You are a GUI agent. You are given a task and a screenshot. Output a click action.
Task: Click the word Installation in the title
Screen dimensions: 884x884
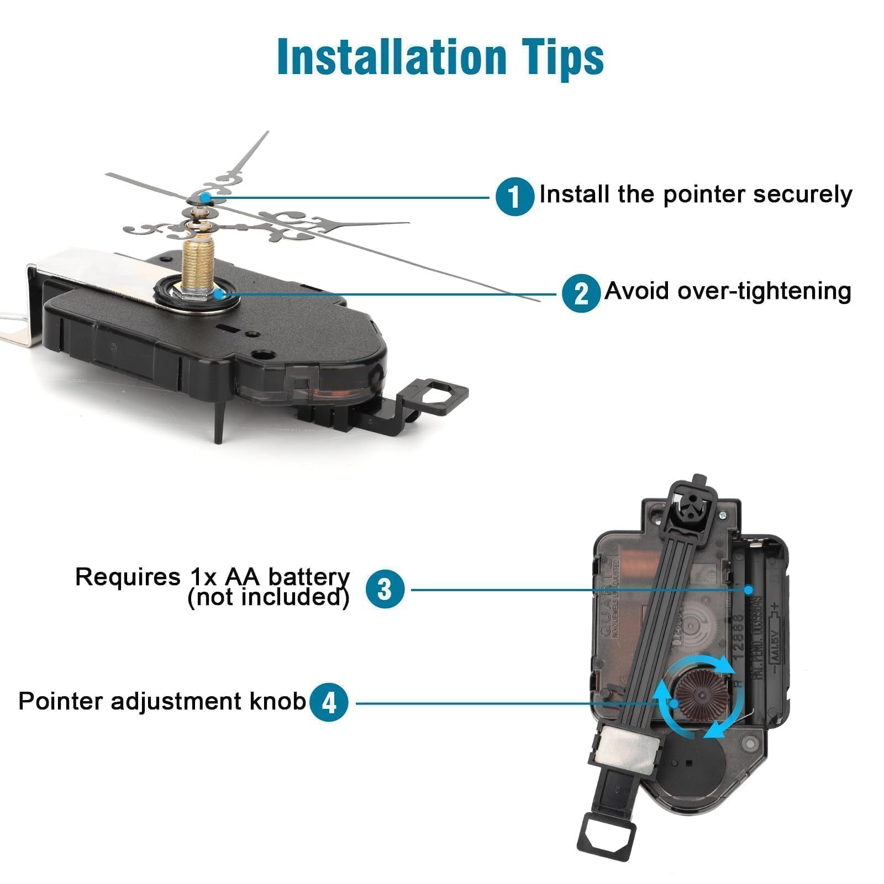click(x=391, y=57)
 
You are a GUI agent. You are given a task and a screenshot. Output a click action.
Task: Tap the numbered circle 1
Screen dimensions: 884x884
click(x=514, y=196)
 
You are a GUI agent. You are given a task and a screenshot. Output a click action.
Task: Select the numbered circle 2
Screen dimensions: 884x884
click(x=581, y=293)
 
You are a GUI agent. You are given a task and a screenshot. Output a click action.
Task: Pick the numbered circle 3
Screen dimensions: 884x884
click(x=385, y=589)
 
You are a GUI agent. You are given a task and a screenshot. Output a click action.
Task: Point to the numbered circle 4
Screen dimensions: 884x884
click(x=329, y=703)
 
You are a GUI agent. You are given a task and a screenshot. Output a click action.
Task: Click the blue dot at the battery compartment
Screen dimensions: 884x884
click(x=748, y=590)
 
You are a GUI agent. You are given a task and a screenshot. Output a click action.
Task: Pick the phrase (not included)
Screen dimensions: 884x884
click(x=269, y=598)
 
